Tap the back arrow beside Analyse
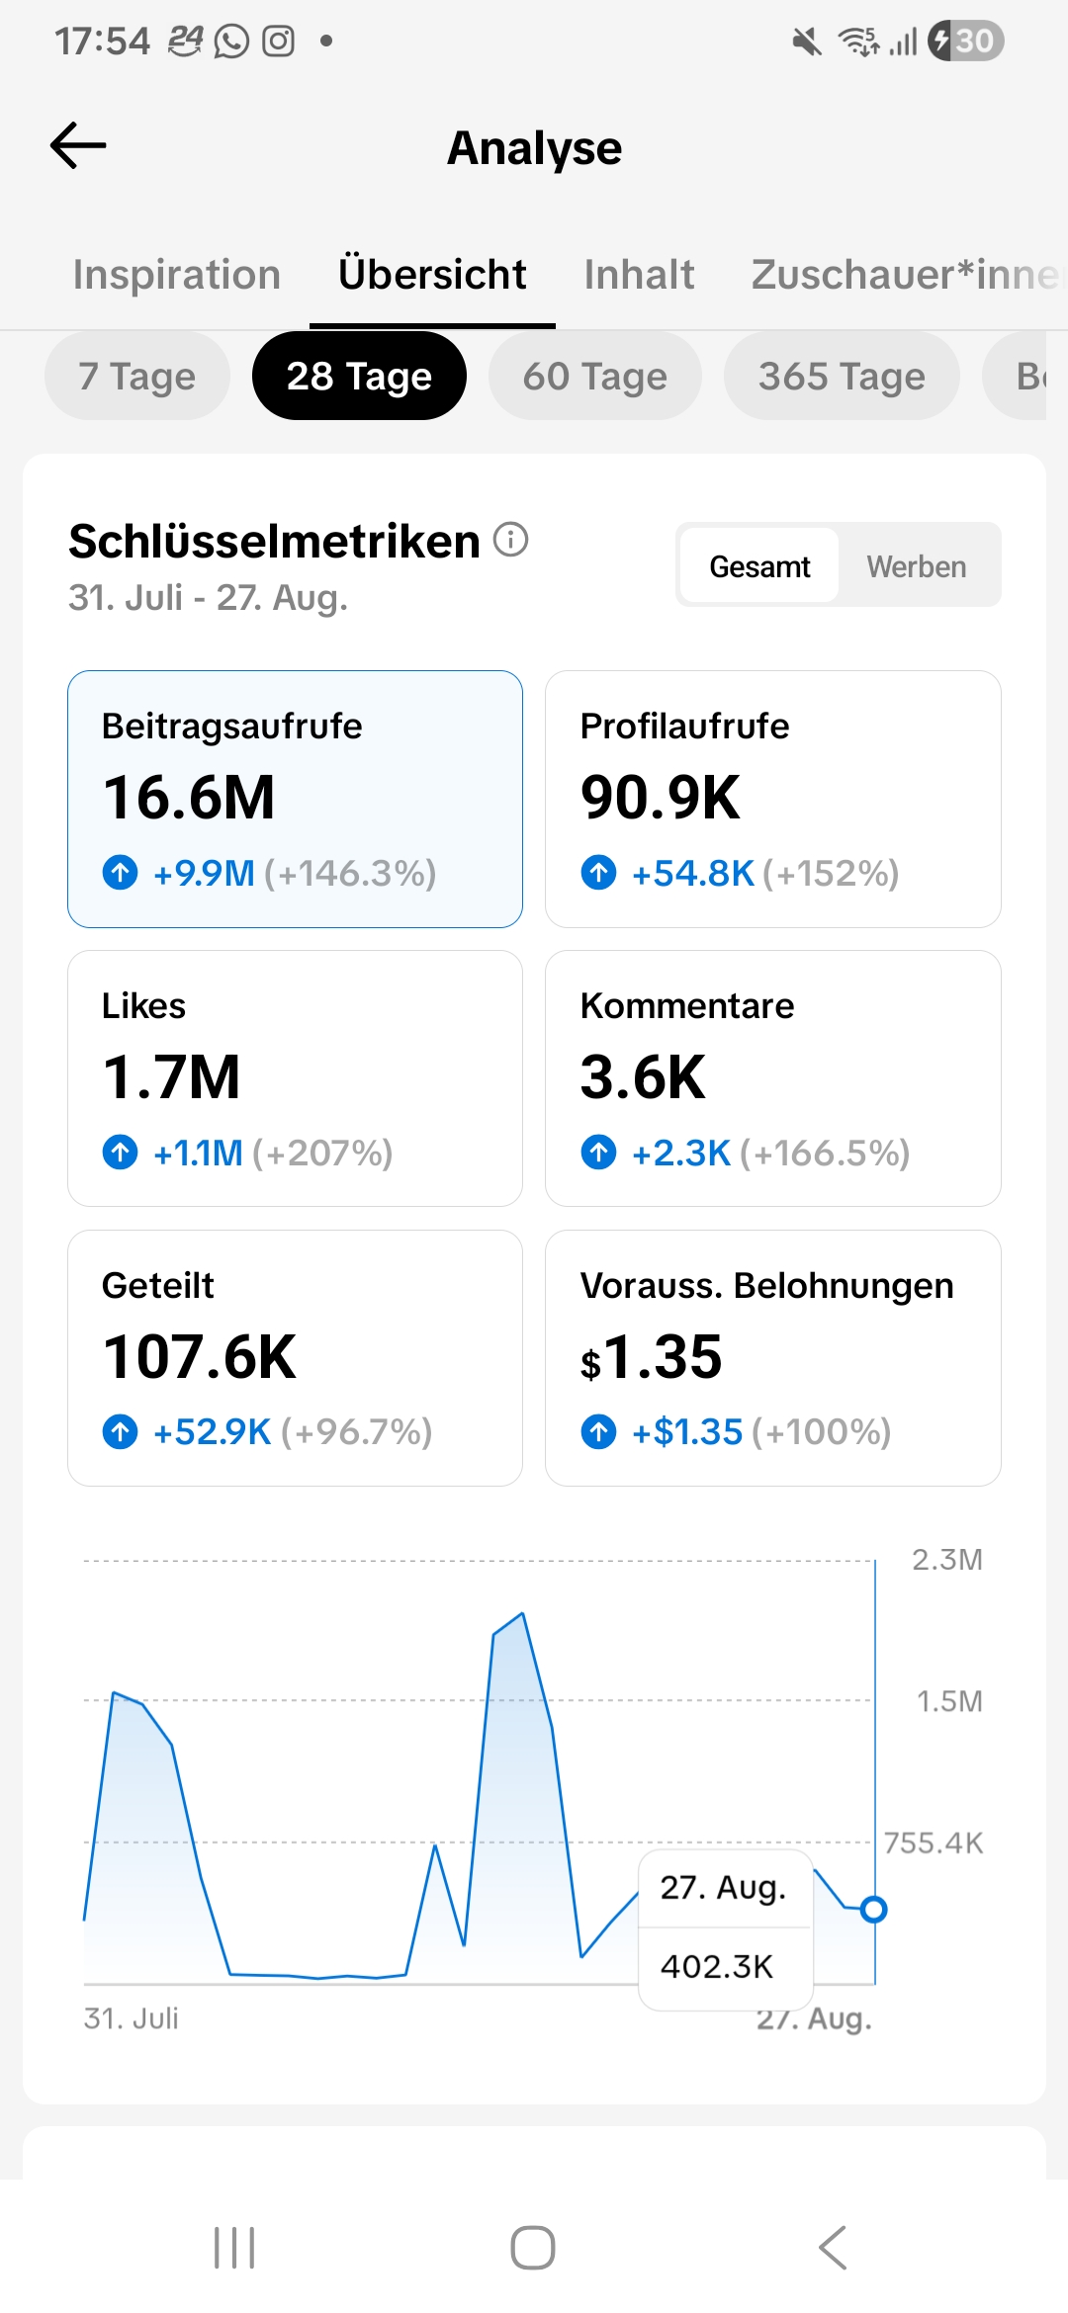78,145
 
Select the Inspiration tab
177,274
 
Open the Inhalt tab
639,274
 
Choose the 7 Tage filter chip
137,376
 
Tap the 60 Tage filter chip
595,376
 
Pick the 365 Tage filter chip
842,376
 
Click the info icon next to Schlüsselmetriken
510,540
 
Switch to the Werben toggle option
917,566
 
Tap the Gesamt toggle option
759,566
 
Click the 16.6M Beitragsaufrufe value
189,798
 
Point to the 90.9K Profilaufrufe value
660,798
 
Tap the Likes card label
143,1005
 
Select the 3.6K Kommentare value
643,1077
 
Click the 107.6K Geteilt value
200,1357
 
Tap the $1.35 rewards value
651,1357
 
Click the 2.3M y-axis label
947,1560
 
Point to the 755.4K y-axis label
934,1842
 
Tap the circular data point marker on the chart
873,1909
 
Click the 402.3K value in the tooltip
717,1966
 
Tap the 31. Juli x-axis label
132,2018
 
